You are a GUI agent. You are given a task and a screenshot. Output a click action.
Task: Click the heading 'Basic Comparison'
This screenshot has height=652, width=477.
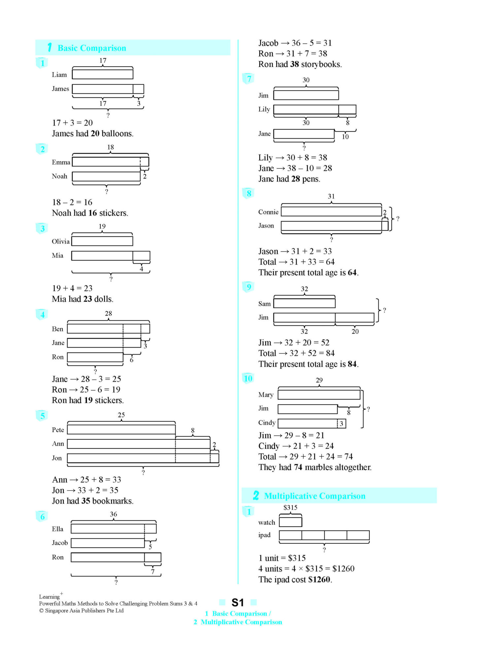pyautogui.click(x=92, y=48)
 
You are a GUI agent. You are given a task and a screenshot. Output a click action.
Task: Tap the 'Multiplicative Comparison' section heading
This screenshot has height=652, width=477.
pyautogui.click(x=315, y=496)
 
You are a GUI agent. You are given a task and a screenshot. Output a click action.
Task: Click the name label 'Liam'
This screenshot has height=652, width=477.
pyautogui.click(x=59, y=75)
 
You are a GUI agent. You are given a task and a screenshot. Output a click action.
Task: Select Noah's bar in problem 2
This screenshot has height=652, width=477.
pyautogui.click(x=106, y=177)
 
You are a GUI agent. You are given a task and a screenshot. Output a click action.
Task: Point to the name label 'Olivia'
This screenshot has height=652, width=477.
pyautogui.click(x=60, y=241)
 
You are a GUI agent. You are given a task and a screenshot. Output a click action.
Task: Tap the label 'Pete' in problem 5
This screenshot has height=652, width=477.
pyautogui.click(x=58, y=430)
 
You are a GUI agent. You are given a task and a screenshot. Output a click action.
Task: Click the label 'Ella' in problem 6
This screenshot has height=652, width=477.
pyautogui.click(x=57, y=529)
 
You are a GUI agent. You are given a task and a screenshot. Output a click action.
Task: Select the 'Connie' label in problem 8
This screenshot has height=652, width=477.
pyautogui.click(x=268, y=212)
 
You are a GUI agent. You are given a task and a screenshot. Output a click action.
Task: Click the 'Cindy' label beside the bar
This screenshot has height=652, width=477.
pyautogui.click(x=267, y=423)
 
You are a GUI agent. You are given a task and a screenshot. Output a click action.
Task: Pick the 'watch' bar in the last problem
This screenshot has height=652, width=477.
pyautogui.click(x=290, y=522)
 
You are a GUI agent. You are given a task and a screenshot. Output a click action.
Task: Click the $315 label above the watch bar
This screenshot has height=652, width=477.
pyautogui.click(x=290, y=507)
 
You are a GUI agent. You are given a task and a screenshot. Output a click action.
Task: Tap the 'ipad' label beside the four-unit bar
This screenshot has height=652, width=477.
pyautogui.click(x=264, y=535)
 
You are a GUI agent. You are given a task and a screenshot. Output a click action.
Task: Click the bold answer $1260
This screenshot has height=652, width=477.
pyautogui.click(x=319, y=579)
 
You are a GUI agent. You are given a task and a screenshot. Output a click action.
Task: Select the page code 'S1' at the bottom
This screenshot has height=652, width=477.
pyautogui.click(x=237, y=603)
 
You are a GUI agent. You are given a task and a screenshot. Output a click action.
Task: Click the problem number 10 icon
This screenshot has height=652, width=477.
pyautogui.click(x=248, y=378)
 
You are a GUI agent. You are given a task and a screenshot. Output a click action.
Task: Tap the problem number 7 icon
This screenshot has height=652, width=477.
pyautogui.click(x=249, y=79)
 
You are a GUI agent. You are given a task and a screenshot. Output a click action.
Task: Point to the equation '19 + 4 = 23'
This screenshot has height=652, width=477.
pyautogui.click(x=72, y=288)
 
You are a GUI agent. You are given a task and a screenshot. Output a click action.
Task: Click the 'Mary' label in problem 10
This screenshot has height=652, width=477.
pyautogui.click(x=266, y=395)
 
